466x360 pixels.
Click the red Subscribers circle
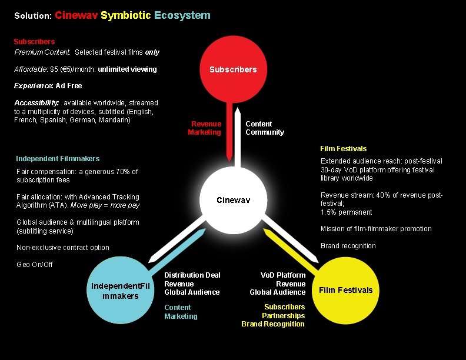233,69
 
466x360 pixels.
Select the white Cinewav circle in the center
233,201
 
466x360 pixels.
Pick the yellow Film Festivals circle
345,290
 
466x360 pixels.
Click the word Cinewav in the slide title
76,15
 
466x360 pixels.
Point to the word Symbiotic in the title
126,15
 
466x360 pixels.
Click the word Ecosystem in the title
182,15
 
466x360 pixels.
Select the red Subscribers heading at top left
34,42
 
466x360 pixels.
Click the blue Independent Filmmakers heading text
58,158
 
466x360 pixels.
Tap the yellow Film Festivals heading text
343,148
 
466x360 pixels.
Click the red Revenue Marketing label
205,128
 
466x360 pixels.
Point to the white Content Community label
264,128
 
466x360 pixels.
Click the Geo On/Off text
35,264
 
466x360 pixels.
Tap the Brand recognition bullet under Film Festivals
348,246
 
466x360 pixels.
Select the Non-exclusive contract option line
62,248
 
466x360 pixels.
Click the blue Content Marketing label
181,312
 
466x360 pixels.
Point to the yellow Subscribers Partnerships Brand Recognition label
274,315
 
